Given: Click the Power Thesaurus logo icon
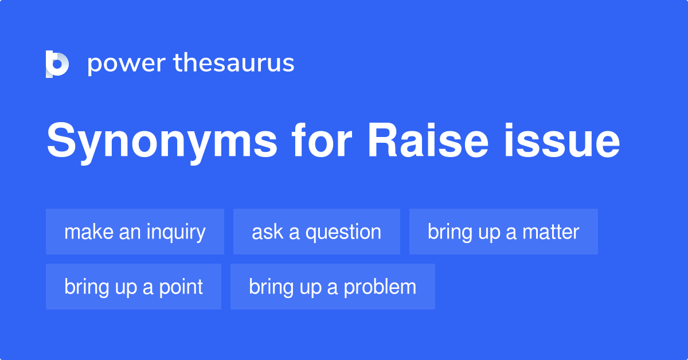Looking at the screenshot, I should (57, 64).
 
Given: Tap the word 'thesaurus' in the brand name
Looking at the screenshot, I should (234, 63).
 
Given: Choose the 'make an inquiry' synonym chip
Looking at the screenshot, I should (135, 232).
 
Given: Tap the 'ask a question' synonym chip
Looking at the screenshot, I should (316, 232).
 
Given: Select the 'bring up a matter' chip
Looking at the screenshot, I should (503, 232).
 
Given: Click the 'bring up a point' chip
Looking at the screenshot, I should (134, 287).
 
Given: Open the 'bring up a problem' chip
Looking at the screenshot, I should (333, 287).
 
